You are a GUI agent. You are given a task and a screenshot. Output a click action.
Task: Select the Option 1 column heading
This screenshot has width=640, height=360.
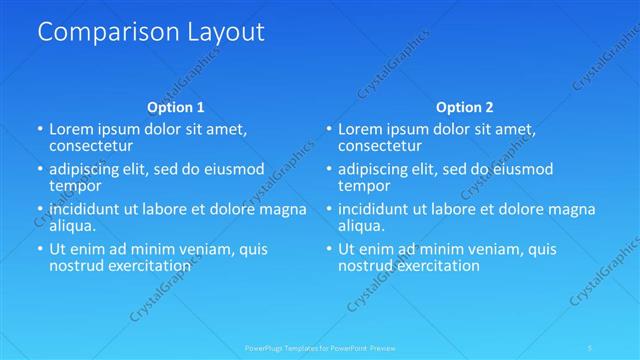(x=176, y=107)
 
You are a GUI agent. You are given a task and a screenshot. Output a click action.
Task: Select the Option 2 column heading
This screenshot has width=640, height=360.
(x=464, y=107)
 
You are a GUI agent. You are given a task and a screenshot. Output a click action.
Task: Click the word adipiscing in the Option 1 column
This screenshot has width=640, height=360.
(x=88, y=168)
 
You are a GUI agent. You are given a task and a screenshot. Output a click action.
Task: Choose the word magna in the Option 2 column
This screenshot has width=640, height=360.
(x=573, y=209)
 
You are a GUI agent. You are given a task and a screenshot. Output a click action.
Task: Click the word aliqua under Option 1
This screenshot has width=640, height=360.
(x=73, y=227)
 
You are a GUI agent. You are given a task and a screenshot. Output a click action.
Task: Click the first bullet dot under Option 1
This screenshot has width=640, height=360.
(x=40, y=129)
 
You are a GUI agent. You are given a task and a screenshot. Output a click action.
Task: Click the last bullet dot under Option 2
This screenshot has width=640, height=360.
(x=328, y=249)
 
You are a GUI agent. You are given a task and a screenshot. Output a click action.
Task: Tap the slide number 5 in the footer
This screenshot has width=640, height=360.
(x=591, y=348)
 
